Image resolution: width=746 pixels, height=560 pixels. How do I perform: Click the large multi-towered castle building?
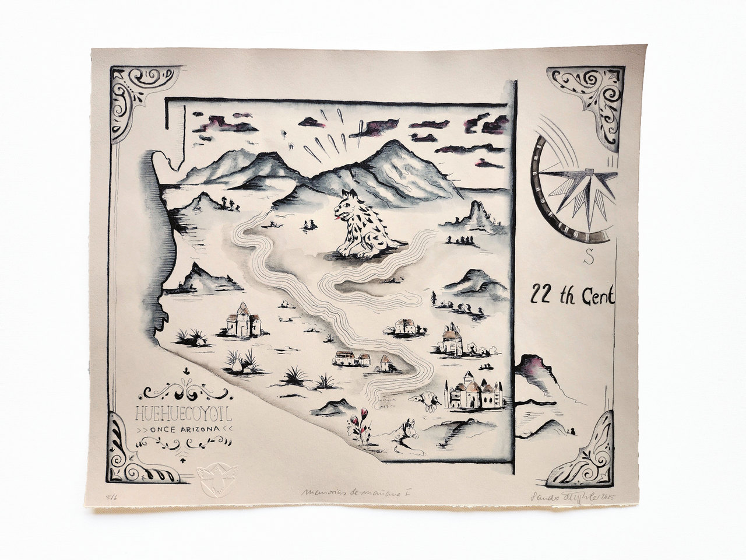pos(473,391)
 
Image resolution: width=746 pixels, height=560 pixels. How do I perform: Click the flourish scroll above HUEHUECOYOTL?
pos(184,391)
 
